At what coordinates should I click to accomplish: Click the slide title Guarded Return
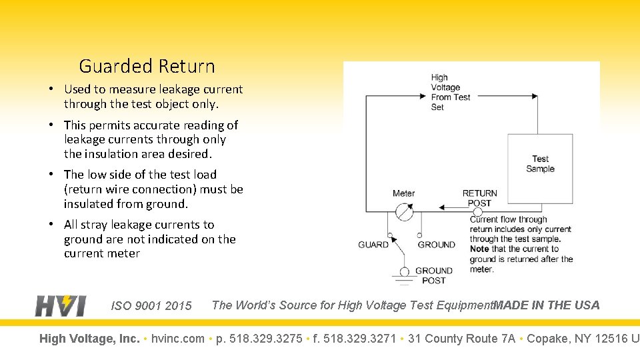pyautogui.click(x=147, y=67)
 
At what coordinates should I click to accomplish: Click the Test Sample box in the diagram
pyautogui.click(x=540, y=169)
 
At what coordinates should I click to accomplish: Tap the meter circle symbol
pyautogui.click(x=404, y=212)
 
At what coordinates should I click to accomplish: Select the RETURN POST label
pyautogui.click(x=479, y=198)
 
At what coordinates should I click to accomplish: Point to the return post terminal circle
pyautogui.click(x=477, y=211)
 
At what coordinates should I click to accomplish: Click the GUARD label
pyautogui.click(x=373, y=245)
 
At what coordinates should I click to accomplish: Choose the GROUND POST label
pyautogui.click(x=434, y=275)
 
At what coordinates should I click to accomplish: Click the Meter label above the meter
pyautogui.click(x=403, y=193)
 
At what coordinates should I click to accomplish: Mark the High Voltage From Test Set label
pyautogui.click(x=450, y=92)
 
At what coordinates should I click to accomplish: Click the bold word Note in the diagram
pyautogui.click(x=479, y=249)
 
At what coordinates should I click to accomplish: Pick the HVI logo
pyautogui.click(x=61, y=305)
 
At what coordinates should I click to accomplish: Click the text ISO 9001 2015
pyautogui.click(x=151, y=306)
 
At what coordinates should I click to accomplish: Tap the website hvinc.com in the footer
pyautogui.click(x=178, y=339)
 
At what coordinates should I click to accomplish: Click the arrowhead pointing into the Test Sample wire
pyautogui.click(x=534, y=96)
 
